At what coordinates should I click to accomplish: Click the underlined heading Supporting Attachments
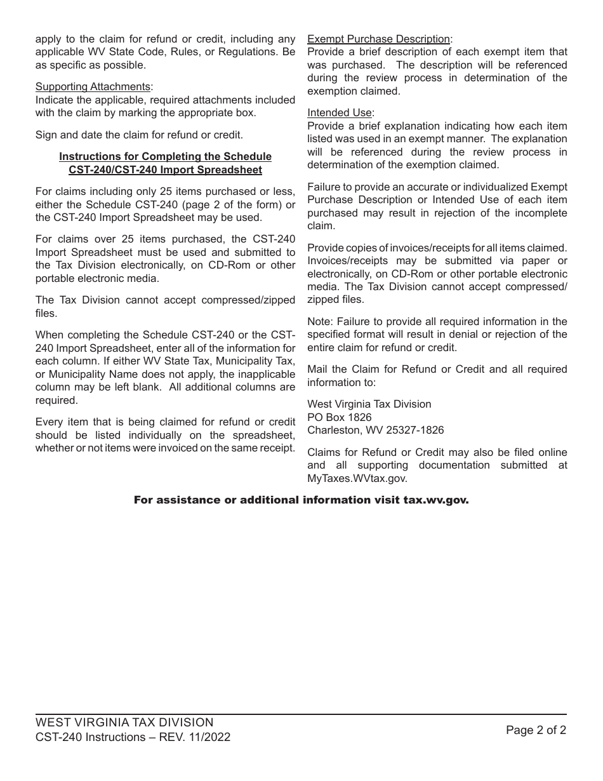(93, 87)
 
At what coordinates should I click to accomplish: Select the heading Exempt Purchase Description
(378, 39)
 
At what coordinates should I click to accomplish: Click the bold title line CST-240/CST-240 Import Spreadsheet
(165, 170)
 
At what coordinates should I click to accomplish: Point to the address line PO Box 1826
(339, 417)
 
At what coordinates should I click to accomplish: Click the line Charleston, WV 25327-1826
(375, 431)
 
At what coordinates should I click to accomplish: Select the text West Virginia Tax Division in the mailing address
(369, 404)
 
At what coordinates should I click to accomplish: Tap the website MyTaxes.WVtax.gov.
(357, 479)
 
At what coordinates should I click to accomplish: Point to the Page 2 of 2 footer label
(536, 730)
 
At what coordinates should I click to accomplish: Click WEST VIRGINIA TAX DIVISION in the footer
(124, 723)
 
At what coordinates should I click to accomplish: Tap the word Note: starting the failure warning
(320, 321)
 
